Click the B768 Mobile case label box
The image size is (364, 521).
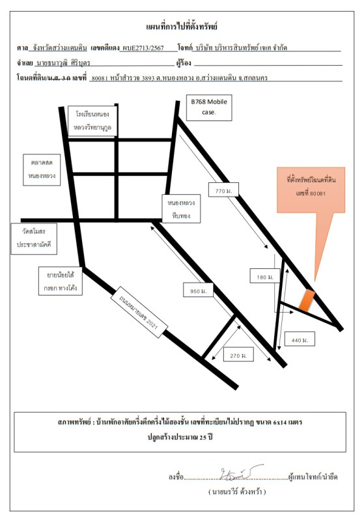click(209, 107)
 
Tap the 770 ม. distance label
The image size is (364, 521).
click(223, 190)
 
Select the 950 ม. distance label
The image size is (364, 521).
click(198, 291)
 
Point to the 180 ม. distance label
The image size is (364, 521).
click(264, 277)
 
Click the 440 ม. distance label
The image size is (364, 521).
click(300, 340)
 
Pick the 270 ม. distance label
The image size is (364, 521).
click(238, 355)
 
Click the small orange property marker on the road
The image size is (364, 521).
click(307, 300)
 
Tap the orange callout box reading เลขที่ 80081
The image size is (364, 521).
click(311, 190)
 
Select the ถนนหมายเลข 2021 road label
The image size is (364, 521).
click(139, 313)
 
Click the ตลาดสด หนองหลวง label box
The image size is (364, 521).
click(42, 169)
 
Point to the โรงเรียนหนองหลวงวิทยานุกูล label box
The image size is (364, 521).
click(92, 121)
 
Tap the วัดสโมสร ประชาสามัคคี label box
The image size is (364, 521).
click(34, 238)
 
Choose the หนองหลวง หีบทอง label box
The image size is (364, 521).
click(181, 208)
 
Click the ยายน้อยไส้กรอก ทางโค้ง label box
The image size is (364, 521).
click(61, 281)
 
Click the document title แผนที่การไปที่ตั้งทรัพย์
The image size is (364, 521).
click(182, 27)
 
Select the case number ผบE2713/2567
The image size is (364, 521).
click(143, 48)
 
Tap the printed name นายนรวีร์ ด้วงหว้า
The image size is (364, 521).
click(237, 492)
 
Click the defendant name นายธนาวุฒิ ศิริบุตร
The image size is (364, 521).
click(63, 63)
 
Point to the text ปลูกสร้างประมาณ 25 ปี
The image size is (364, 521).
click(180, 436)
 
